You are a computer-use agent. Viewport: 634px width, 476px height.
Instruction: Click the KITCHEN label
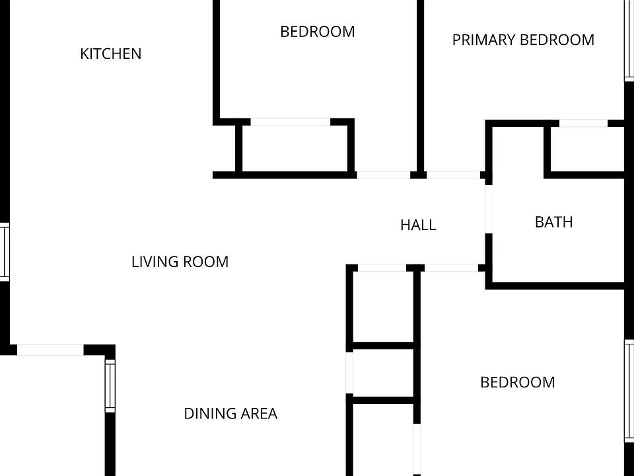point(110,54)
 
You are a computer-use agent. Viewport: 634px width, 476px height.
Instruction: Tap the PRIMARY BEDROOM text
point(523,40)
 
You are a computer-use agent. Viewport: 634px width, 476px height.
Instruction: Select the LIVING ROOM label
point(180,262)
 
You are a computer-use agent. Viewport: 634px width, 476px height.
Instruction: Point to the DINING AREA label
point(230,414)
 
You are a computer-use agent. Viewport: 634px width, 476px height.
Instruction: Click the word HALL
point(418,225)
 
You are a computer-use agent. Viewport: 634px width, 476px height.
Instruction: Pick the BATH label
point(553,222)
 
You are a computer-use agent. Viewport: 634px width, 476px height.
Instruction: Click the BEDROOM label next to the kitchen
point(317,32)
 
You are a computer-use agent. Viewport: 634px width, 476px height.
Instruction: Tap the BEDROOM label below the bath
point(517,382)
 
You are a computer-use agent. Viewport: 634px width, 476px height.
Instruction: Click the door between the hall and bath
point(489,208)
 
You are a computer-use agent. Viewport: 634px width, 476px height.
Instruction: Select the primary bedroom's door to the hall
point(453,175)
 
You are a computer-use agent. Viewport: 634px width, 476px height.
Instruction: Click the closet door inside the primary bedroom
point(583,123)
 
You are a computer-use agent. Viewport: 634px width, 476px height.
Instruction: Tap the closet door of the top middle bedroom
point(290,122)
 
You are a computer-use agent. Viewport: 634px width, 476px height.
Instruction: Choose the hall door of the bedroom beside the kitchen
point(383,175)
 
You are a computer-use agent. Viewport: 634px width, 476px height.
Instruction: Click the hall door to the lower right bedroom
point(450,268)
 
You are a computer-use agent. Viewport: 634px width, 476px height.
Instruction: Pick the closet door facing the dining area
point(349,374)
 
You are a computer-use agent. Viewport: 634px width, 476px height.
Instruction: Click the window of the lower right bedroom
point(628,390)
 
